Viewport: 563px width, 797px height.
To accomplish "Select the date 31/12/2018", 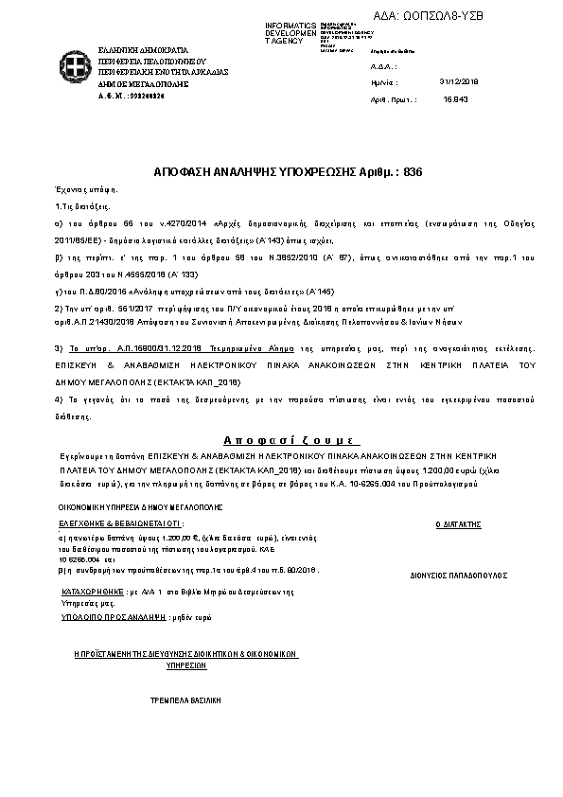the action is (x=460, y=82).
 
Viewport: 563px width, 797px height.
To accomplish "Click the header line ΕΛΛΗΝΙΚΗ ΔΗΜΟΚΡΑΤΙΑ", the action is (x=143, y=48).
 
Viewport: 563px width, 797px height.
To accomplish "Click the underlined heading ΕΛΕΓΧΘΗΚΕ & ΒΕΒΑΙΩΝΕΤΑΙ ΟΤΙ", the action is (x=119, y=523).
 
